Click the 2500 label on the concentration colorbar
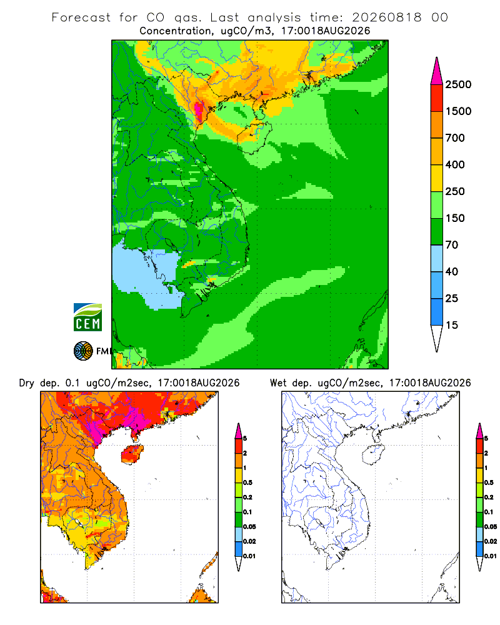click(x=458, y=84)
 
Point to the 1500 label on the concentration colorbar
click(x=458, y=111)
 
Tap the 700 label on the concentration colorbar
click(x=455, y=138)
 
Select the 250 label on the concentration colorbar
click(x=455, y=191)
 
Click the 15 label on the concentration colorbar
click(x=452, y=325)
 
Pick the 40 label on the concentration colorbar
click(x=452, y=271)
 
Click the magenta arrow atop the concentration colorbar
click(x=437, y=71)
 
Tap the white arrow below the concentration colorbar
click(x=437, y=338)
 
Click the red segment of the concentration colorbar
click(x=437, y=98)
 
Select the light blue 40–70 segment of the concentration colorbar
click(x=437, y=258)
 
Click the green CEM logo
click(x=87, y=317)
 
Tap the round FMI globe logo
click(x=83, y=351)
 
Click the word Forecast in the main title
click(x=81, y=17)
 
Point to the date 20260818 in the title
click(x=387, y=17)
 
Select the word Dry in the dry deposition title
click(x=26, y=383)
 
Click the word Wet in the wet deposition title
click(x=278, y=382)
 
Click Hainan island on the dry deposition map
click(x=132, y=454)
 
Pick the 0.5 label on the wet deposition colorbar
click(x=489, y=482)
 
